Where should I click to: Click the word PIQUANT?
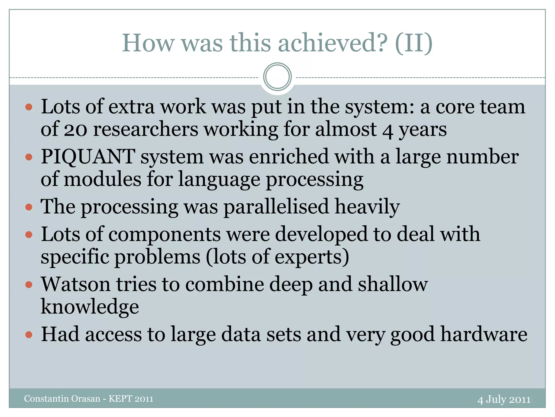pos(88,157)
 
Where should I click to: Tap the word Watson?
pos(76,284)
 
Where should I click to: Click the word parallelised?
pos(276,207)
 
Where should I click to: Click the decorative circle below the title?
pos(277,77)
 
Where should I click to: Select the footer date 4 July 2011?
pos(504,399)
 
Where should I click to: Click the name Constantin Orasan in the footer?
pos(62,399)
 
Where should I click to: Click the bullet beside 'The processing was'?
pos(29,207)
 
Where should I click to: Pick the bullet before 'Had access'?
pos(29,335)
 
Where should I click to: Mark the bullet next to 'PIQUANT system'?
pos(29,157)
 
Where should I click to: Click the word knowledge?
pos(90,307)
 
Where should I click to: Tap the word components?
pos(164,234)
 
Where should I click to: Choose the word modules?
pos(102,179)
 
